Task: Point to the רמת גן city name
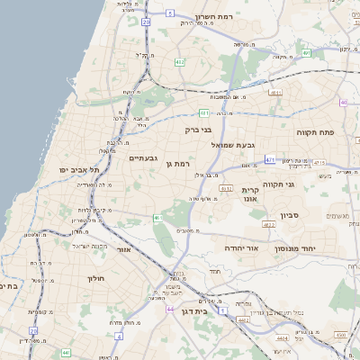click(x=182, y=164)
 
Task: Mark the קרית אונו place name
click(x=251, y=193)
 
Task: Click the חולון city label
click(x=96, y=279)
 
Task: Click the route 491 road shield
click(x=306, y=53)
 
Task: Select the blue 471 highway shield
click(x=270, y=159)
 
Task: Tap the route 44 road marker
click(x=170, y=309)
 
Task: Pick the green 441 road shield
click(x=204, y=113)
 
